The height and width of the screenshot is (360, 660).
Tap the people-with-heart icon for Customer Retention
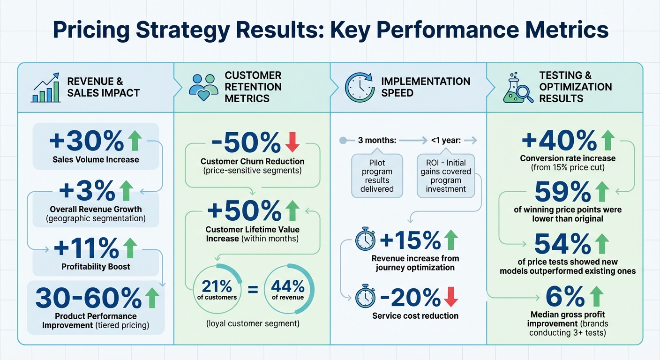tap(203, 87)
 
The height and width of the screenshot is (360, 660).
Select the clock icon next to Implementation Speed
tap(360, 87)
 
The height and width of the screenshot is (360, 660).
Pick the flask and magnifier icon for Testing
tap(517, 87)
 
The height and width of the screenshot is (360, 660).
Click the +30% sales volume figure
tap(87, 140)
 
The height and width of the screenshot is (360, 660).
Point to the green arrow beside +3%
tap(125, 191)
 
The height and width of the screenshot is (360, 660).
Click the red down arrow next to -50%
tap(292, 142)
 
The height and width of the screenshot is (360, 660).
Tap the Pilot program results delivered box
tap(377, 175)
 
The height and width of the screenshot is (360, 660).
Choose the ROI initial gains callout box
tap(446, 175)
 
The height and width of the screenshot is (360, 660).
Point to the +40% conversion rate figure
tap(558, 140)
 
